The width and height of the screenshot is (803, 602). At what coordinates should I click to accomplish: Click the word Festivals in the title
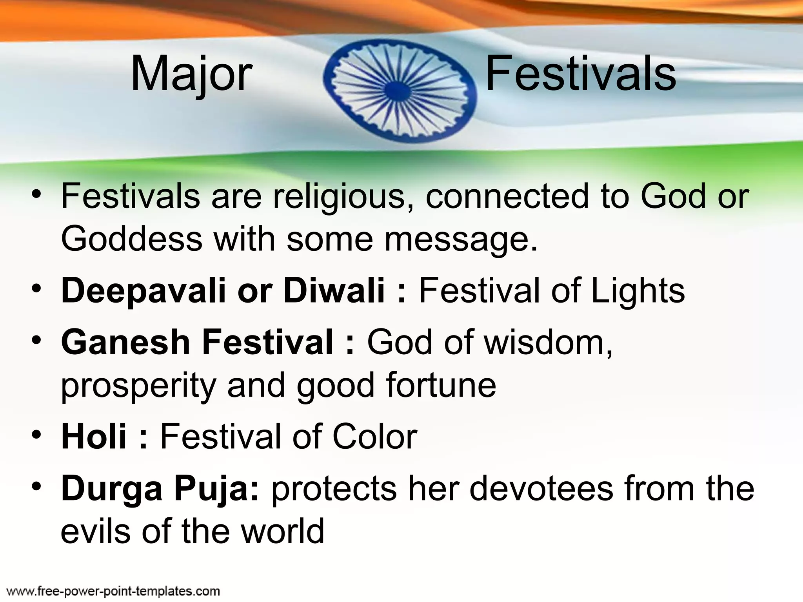[581, 74]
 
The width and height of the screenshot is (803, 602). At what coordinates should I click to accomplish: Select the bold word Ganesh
[125, 342]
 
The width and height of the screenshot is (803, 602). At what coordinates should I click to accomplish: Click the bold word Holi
[94, 436]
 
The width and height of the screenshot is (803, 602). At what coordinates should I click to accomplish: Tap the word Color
[375, 437]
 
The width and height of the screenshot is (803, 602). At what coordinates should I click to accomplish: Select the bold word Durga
[112, 489]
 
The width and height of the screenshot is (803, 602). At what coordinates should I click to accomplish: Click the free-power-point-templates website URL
[114, 591]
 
